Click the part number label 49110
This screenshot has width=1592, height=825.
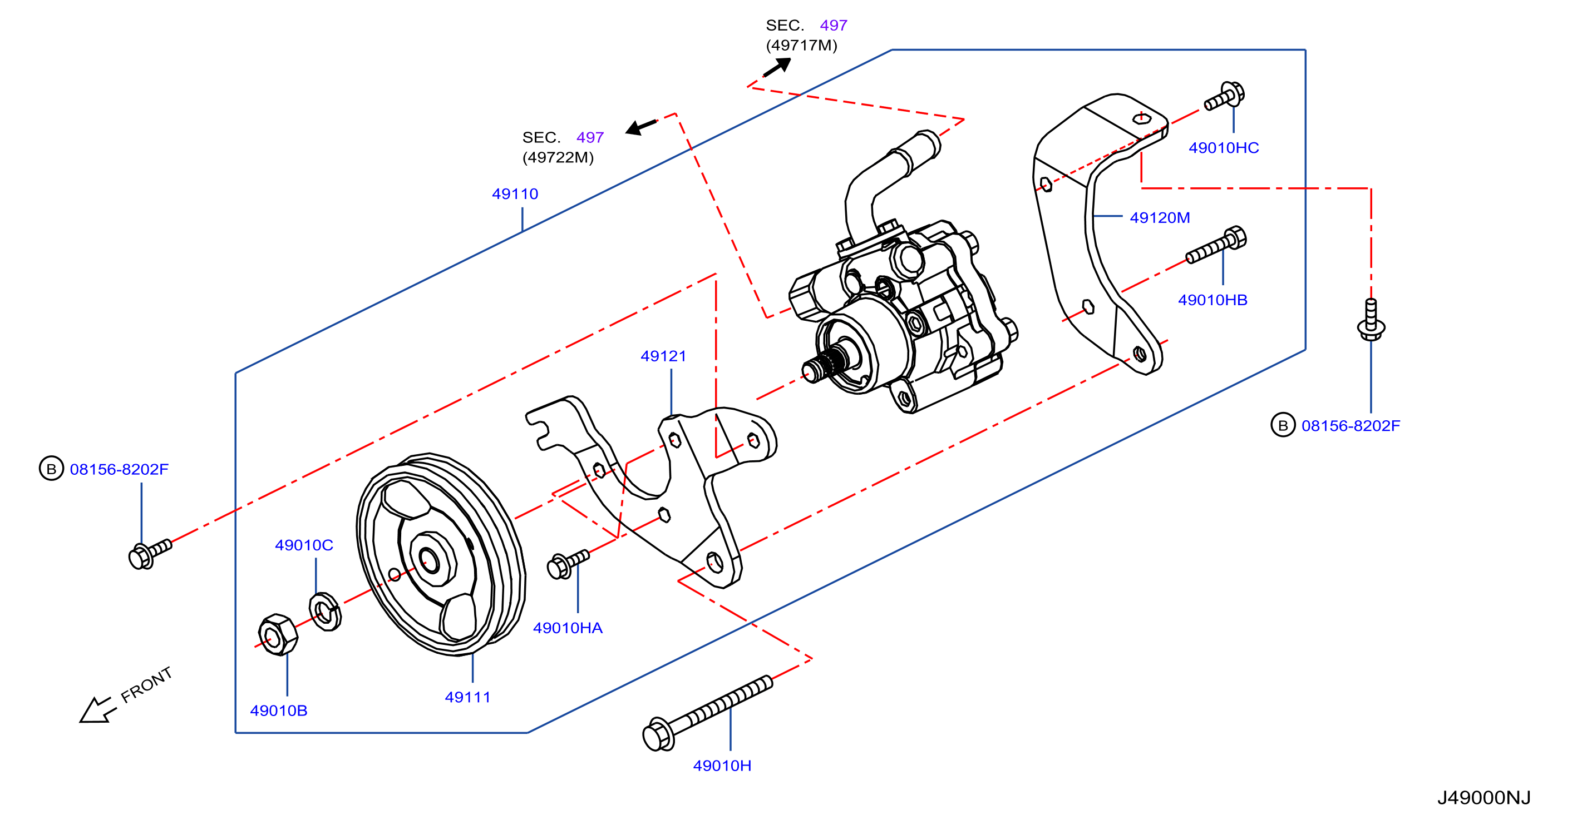(x=515, y=194)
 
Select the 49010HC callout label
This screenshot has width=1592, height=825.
(x=1224, y=147)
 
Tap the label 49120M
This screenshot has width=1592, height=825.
(x=1160, y=217)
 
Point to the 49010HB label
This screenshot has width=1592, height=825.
(x=1213, y=300)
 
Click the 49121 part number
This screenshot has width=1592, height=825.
(x=663, y=356)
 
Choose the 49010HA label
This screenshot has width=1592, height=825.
(x=568, y=628)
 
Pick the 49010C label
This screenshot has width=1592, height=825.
(x=304, y=545)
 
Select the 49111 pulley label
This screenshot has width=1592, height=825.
(x=468, y=697)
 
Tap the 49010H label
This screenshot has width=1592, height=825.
(x=722, y=765)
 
